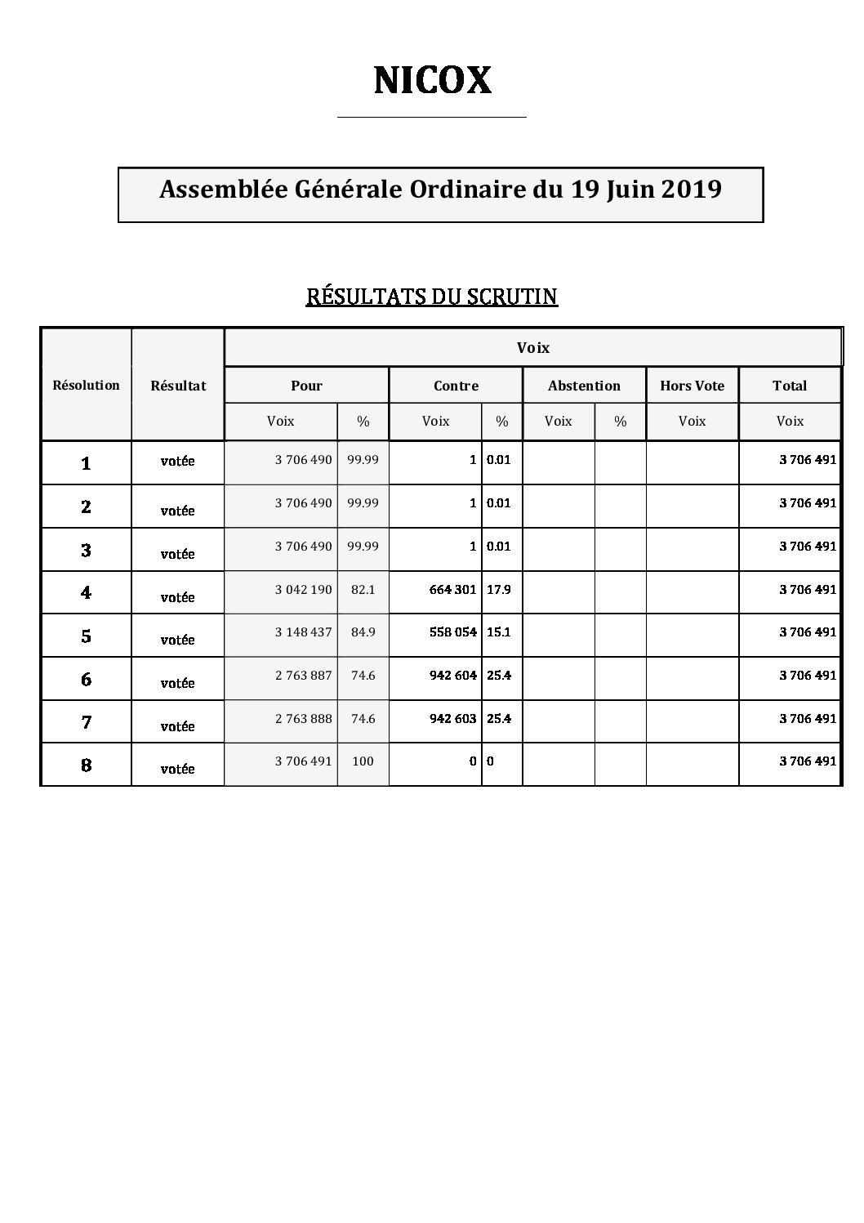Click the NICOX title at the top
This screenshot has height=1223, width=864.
432,80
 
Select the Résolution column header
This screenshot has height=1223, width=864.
86,385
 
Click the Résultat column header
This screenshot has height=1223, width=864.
178,386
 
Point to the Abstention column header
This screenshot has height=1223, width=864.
584,386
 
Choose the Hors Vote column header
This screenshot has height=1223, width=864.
692,386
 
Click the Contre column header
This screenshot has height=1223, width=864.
456,386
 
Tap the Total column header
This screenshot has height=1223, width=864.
790,386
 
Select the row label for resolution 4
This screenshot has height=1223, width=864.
86,592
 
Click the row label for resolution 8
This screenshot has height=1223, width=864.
86,765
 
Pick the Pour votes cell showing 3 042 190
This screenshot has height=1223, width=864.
303,589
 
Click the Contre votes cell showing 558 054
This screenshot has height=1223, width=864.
452,632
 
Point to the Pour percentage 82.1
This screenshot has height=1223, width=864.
363,589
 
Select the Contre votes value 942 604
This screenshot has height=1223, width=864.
452,676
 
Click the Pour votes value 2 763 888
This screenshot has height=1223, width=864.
303,719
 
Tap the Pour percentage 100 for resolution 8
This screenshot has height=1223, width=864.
363,761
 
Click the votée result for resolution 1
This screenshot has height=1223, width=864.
178,461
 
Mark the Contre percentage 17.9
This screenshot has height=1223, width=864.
499,589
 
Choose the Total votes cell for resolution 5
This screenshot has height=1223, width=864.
808,632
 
